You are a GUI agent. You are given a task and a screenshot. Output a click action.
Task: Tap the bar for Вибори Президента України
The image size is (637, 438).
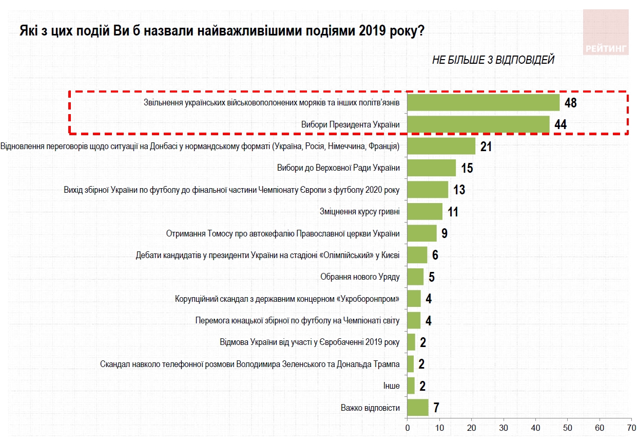click(478, 124)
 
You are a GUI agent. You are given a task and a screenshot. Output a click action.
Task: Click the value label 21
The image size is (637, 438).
click(486, 147)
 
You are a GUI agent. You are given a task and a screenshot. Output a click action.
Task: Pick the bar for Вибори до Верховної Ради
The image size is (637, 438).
click(431, 168)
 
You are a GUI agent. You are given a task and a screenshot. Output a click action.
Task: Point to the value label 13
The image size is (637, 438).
click(459, 190)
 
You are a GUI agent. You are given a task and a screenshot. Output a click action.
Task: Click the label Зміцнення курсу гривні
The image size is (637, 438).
click(359, 211)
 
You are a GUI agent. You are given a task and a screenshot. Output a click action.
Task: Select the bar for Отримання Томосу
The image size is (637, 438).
click(421, 233)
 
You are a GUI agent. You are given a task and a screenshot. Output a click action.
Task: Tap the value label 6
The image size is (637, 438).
click(435, 255)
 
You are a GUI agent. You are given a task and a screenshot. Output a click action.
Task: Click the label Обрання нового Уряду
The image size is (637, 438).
click(360, 277)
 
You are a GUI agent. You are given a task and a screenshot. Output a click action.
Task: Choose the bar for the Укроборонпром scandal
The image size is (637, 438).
click(414, 298)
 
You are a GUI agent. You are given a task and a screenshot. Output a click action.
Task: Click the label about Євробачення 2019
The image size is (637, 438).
click(309, 342)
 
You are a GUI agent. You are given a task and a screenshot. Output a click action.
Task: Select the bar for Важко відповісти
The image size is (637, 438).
click(417, 407)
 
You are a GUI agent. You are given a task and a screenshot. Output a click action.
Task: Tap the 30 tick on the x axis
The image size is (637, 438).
click(504, 428)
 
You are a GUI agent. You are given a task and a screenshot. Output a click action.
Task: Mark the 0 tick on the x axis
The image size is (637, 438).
click(407, 428)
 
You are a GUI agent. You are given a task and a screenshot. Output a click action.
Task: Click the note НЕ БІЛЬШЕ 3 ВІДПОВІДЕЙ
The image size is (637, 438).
click(493, 60)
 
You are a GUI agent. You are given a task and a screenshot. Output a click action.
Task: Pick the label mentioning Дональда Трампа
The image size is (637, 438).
click(250, 364)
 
